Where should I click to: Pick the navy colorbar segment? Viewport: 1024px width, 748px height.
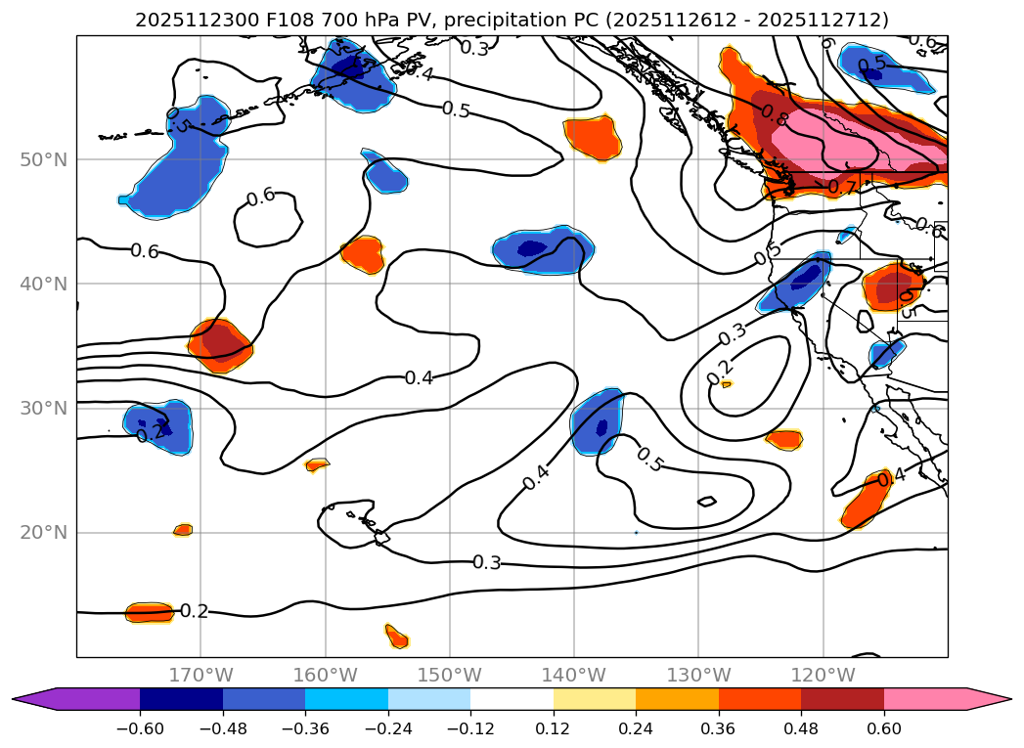coord(181,699)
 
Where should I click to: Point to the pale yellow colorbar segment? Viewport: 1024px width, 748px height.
coord(594,699)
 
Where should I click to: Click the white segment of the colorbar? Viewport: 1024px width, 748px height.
coord(512,699)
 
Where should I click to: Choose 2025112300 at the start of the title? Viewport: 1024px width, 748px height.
coord(183,21)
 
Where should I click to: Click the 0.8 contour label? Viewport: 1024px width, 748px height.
coord(775,116)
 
